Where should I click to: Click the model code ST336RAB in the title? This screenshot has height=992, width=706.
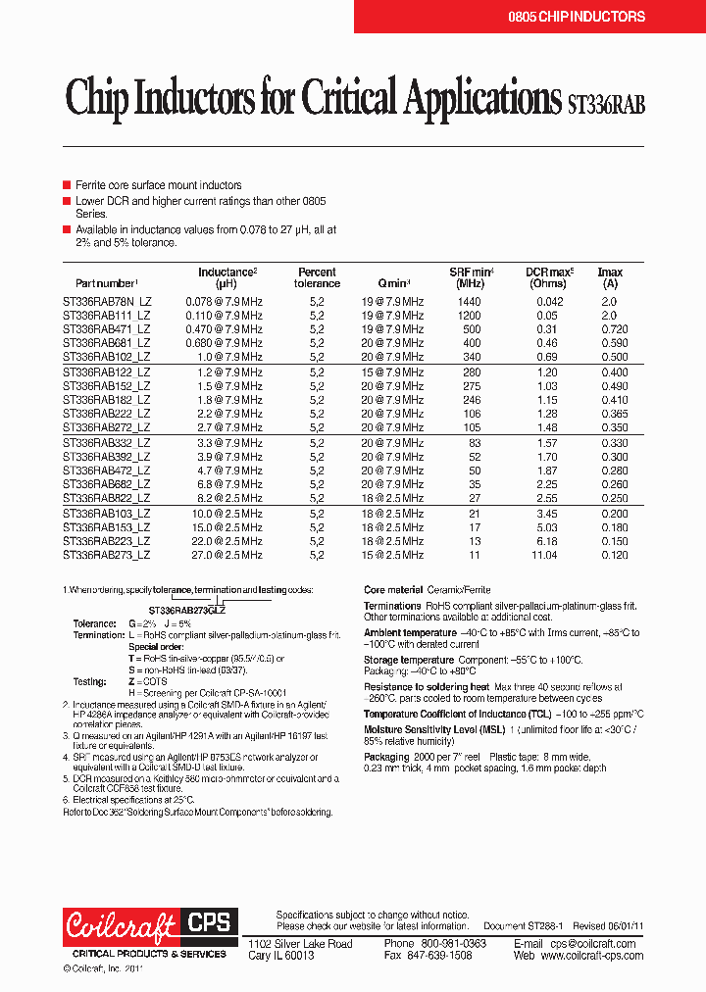607,102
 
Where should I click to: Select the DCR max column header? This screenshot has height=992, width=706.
548,277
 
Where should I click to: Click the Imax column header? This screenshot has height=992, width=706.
609,277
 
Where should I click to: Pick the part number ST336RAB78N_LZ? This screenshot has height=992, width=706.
107,302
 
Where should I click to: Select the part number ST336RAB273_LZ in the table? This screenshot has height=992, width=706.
107,555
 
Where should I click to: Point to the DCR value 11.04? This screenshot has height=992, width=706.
544,555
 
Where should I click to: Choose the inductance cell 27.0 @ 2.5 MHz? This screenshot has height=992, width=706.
225,555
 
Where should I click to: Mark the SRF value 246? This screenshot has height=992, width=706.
472,400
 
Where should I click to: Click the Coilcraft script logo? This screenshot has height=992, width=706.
121,924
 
